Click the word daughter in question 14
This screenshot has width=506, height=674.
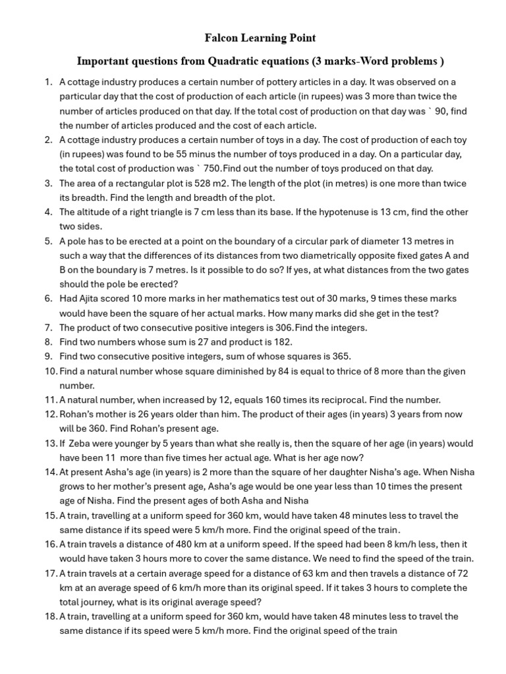pos(356,472)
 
